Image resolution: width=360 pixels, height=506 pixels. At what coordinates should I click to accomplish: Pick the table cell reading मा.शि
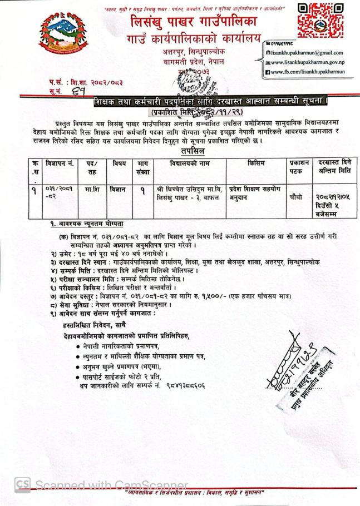pos(92,190)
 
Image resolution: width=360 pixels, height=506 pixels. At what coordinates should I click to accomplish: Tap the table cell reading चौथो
pos(298,196)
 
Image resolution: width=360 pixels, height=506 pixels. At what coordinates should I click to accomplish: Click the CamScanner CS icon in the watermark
pos(23,485)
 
